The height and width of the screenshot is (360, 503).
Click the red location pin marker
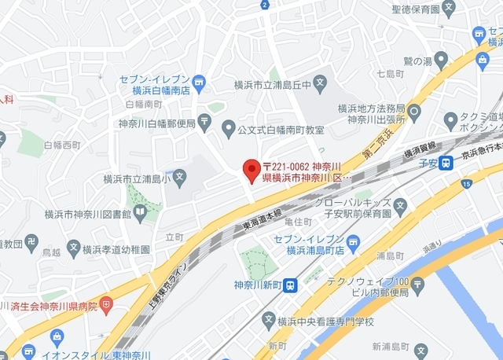[x=251, y=169]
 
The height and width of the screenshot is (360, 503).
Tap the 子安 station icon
[x=446, y=163]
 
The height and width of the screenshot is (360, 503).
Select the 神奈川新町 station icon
[x=290, y=285]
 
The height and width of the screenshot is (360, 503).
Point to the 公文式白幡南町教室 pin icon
[x=229, y=127]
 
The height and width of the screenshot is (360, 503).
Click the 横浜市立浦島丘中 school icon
[x=320, y=82]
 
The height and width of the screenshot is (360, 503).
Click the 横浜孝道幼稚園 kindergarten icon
[x=73, y=248]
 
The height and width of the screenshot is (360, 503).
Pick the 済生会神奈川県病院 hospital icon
[x=107, y=302]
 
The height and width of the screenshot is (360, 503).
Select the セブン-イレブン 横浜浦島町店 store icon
[x=354, y=241]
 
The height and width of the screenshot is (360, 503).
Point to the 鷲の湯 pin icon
[x=441, y=58]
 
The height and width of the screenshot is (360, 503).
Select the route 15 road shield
[x=467, y=184]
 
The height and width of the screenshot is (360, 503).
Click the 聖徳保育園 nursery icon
[x=450, y=9]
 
